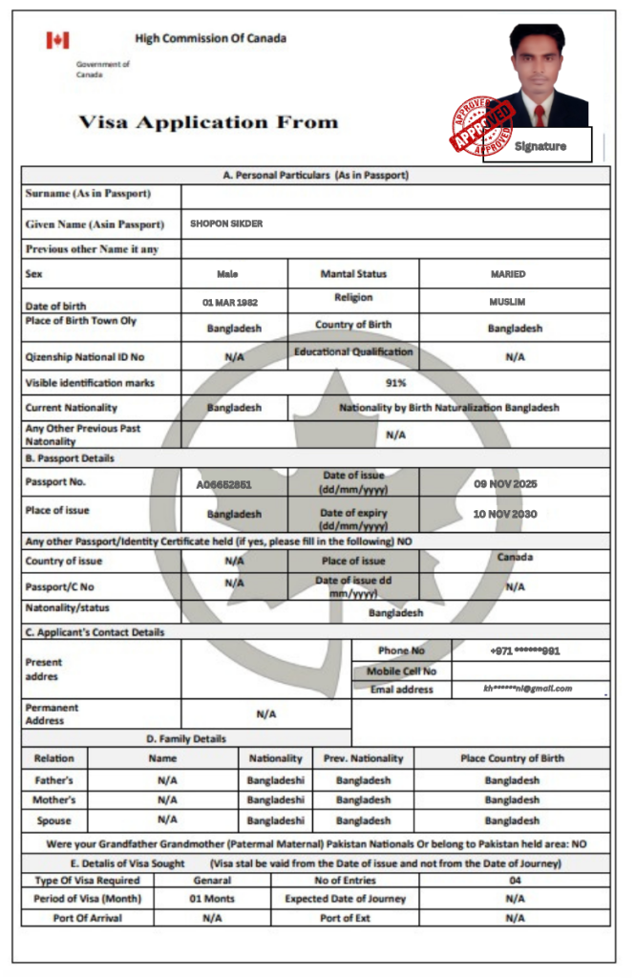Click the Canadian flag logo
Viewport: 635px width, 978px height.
click(x=57, y=40)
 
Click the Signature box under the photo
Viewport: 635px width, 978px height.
click(x=540, y=146)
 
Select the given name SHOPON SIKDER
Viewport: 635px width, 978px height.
click(x=226, y=224)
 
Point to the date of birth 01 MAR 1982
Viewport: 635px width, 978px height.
click(x=230, y=302)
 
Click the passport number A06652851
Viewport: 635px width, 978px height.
click(x=224, y=484)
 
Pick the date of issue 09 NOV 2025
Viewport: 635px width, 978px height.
click(x=506, y=483)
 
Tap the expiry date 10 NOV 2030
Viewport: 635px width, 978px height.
click(x=505, y=514)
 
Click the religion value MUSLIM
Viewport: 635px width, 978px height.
click(x=507, y=302)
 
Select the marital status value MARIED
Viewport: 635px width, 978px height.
click(x=508, y=274)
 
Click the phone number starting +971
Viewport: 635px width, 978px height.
click(x=525, y=650)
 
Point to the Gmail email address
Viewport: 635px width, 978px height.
click(x=527, y=688)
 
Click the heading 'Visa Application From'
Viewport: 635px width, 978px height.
click(x=208, y=122)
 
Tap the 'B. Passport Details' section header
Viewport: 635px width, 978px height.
click(x=70, y=458)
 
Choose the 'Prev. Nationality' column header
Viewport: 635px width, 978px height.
click(x=363, y=758)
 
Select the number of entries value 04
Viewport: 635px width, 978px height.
click(x=515, y=880)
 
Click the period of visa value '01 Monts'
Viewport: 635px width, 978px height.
click(x=212, y=899)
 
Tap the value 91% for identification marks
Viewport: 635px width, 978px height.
click(x=396, y=383)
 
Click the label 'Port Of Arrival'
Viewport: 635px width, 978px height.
click(x=87, y=918)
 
